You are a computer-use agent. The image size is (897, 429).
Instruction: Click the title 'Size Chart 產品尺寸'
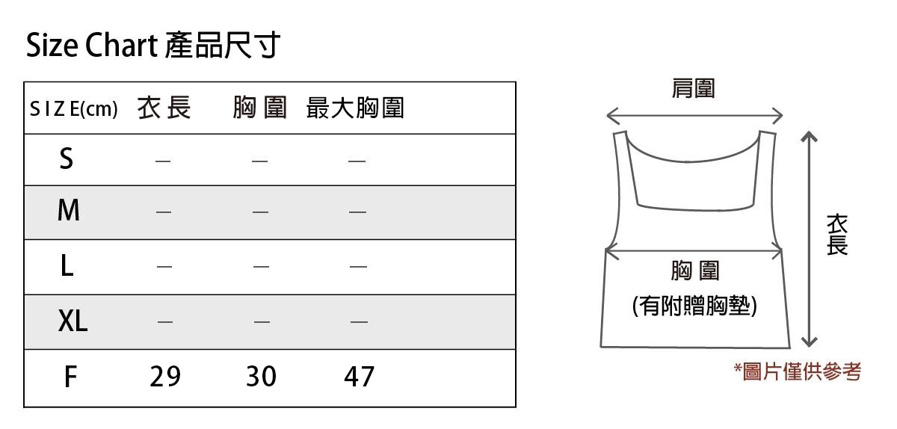point(152,46)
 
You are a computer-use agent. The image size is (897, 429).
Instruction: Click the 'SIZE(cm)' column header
point(73,110)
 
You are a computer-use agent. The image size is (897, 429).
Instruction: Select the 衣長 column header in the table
point(164,109)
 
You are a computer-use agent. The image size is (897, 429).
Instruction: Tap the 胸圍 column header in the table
point(259,109)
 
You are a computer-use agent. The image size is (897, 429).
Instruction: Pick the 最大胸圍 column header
point(355,109)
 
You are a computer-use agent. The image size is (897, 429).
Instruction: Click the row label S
point(67,158)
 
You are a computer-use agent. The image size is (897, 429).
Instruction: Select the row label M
point(68,212)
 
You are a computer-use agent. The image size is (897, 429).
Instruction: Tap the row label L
point(67,265)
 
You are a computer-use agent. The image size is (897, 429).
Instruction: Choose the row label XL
point(73,321)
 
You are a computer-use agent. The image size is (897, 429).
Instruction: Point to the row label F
point(70,377)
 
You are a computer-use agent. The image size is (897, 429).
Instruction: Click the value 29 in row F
point(165,377)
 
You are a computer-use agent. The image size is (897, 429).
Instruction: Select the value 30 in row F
point(261,377)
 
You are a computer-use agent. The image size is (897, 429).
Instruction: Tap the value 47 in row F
point(359,377)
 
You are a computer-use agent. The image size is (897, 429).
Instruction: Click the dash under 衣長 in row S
point(164,160)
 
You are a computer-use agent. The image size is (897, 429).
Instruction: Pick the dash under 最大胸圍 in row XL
point(359,322)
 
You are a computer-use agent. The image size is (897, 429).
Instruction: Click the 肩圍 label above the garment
point(693,89)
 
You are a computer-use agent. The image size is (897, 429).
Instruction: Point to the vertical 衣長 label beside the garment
point(837,234)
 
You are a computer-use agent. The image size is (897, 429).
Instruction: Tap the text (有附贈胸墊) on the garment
point(694,306)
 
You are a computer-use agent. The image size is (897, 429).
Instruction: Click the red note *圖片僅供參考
point(797,371)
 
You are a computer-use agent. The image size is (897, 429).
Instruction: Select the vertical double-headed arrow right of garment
point(808,239)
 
